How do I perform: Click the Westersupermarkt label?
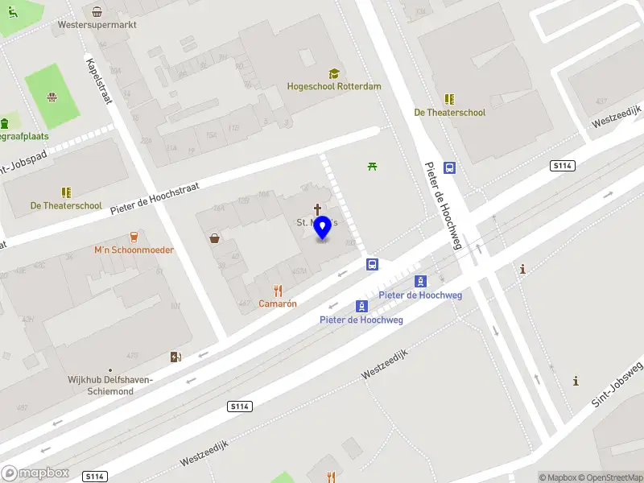[x=97, y=25]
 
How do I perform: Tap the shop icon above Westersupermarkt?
[x=97, y=11]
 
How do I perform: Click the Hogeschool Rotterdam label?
[x=334, y=86]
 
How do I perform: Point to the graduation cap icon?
[x=334, y=73]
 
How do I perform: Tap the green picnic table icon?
[x=372, y=167]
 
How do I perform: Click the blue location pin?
[x=322, y=228]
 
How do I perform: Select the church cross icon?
[x=317, y=209]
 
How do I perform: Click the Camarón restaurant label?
[x=278, y=303]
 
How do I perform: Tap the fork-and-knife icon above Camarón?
[x=278, y=291]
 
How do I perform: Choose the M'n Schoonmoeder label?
[x=134, y=250]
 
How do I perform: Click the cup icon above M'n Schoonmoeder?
[x=134, y=237]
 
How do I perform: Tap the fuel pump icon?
[x=175, y=357]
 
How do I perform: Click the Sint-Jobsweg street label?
[x=614, y=387]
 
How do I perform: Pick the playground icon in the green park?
[x=52, y=98]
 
